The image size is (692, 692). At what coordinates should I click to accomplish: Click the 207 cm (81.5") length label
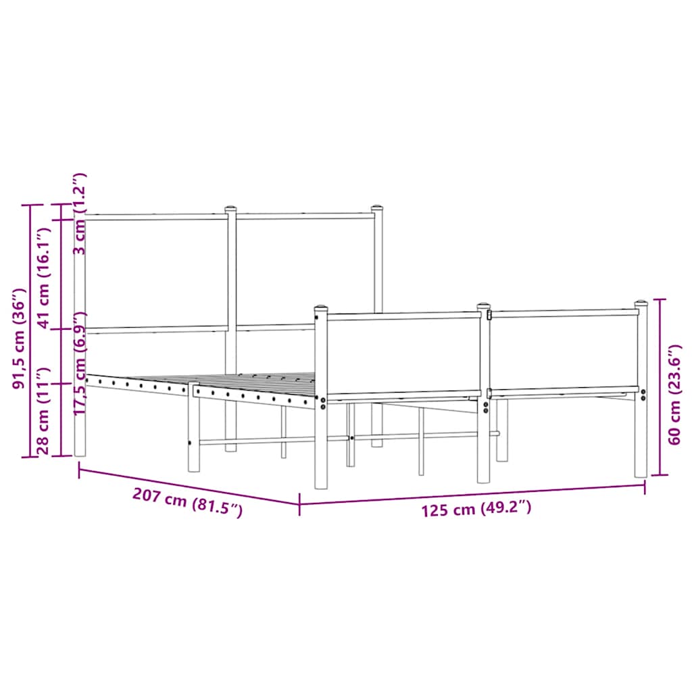187,503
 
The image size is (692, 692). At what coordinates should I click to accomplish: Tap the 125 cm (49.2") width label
476,509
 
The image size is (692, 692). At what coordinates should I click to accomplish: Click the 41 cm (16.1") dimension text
44,277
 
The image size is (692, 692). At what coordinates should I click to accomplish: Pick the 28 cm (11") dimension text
45,412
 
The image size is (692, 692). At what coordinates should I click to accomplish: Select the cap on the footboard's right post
641,304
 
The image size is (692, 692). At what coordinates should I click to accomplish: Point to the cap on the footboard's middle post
483,307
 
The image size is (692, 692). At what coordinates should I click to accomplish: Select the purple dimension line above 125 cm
473,494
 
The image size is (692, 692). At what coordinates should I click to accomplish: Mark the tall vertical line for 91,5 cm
30,330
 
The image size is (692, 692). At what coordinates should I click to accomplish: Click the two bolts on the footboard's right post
643,395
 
